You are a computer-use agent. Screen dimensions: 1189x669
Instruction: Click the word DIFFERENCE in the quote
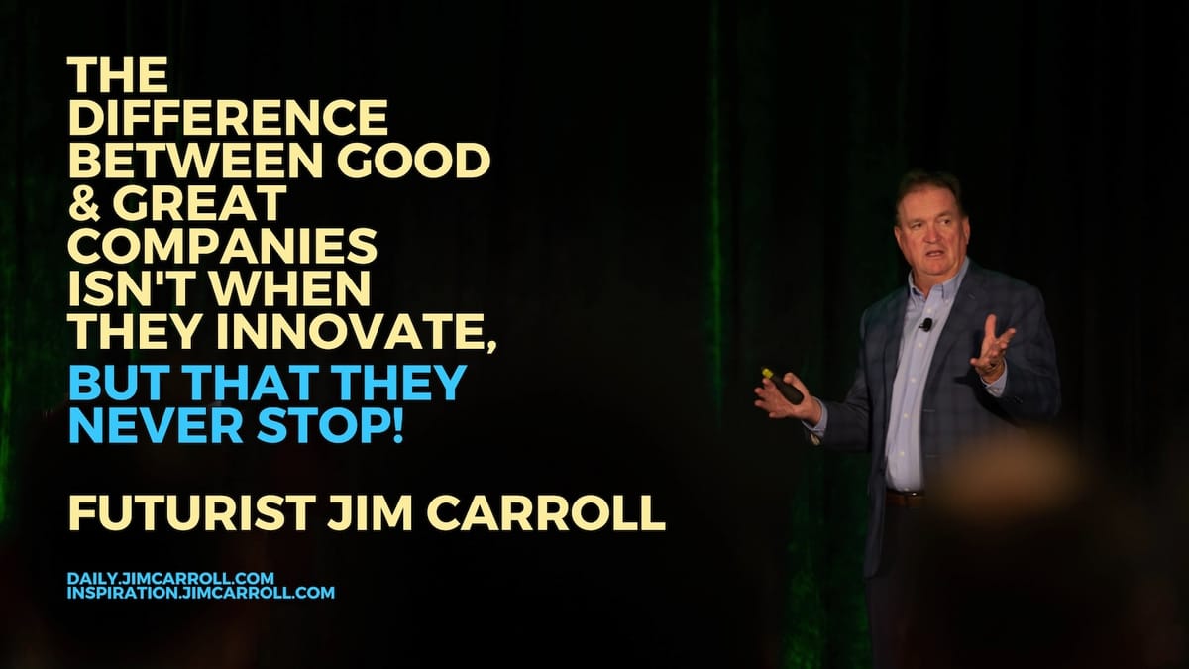point(228,117)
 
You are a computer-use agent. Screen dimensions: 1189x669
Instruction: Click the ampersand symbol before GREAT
point(85,202)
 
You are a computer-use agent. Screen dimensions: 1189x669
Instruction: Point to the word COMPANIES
point(223,245)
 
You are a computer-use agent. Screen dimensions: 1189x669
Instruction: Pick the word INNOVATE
point(356,331)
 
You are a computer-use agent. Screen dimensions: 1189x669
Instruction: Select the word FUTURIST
point(190,514)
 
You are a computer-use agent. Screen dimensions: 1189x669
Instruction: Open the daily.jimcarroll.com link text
point(170,578)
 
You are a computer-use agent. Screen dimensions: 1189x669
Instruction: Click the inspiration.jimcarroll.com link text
point(201,592)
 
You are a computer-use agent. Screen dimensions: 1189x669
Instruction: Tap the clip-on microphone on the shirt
point(926,324)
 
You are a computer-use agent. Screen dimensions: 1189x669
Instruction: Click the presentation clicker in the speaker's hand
point(782,386)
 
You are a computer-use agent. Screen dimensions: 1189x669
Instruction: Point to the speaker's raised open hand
point(993,348)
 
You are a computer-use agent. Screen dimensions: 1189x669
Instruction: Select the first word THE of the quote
point(118,75)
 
